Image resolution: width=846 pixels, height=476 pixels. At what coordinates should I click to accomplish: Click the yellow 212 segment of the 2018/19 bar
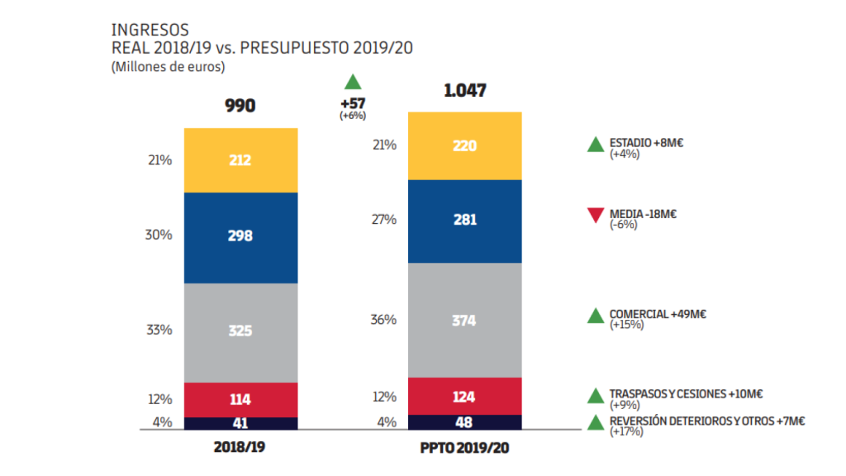tap(240, 160)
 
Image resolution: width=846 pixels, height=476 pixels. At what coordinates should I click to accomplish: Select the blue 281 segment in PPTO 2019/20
tap(464, 220)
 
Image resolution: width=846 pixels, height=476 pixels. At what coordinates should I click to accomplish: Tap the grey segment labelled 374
tap(464, 320)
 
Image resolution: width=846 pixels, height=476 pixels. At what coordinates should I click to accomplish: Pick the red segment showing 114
tap(240, 399)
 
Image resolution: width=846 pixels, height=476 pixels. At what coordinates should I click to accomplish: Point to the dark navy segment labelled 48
tap(464, 422)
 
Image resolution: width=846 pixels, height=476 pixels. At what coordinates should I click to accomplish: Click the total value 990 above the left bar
tap(240, 106)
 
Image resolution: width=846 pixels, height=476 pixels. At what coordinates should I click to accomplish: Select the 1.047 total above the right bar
tap(464, 91)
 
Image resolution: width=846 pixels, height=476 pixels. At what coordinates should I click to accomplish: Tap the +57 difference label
tap(353, 104)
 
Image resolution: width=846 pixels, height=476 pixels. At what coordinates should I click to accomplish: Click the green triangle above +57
tap(353, 81)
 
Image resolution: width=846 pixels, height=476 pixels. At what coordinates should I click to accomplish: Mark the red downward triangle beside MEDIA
tap(595, 216)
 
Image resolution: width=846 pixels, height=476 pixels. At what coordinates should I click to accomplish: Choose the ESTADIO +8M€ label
tap(647, 143)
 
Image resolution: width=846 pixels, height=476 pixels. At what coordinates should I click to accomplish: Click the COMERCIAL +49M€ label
tap(658, 314)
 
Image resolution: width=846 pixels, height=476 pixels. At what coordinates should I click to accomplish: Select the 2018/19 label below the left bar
tap(240, 447)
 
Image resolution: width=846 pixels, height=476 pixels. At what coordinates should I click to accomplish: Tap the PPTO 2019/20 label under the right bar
tap(464, 447)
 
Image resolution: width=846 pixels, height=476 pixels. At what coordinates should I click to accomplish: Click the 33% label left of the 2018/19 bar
tap(159, 330)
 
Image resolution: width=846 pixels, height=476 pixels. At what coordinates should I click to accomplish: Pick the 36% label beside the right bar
tap(384, 320)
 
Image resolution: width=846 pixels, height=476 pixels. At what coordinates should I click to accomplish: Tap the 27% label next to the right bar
tap(384, 220)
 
